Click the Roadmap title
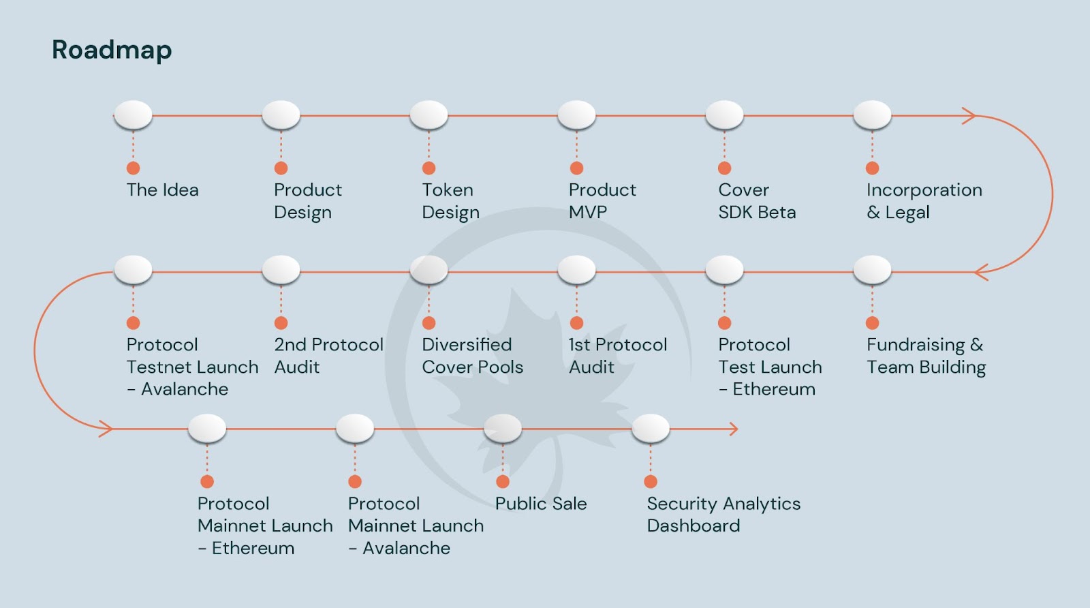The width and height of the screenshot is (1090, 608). [x=112, y=50]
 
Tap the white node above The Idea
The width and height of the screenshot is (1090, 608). [x=134, y=115]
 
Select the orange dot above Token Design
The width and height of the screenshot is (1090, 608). [x=429, y=168]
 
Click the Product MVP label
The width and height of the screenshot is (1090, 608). [x=602, y=201]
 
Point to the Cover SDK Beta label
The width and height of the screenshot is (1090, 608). [x=756, y=201]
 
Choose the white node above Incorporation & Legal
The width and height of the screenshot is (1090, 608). [x=872, y=115]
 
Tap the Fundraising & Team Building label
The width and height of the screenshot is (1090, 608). [x=926, y=356]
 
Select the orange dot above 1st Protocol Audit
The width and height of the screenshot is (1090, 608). [x=576, y=323]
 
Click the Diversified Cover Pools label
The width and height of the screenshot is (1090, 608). [x=472, y=356]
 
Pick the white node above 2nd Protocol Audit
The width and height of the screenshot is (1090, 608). [x=281, y=270]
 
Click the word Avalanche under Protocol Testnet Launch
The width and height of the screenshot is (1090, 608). [x=185, y=389]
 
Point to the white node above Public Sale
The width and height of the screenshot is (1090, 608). [x=503, y=428]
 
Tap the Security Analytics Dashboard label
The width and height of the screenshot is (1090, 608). [x=723, y=515]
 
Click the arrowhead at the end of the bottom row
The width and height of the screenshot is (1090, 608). [x=733, y=429]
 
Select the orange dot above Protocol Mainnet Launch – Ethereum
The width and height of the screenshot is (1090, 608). [x=207, y=482]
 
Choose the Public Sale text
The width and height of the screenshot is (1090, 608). [x=541, y=504]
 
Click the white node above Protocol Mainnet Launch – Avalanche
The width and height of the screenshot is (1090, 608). [x=355, y=428]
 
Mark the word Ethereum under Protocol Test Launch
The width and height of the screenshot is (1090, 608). [x=774, y=389]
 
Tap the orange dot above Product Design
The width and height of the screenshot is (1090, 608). [x=281, y=168]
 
